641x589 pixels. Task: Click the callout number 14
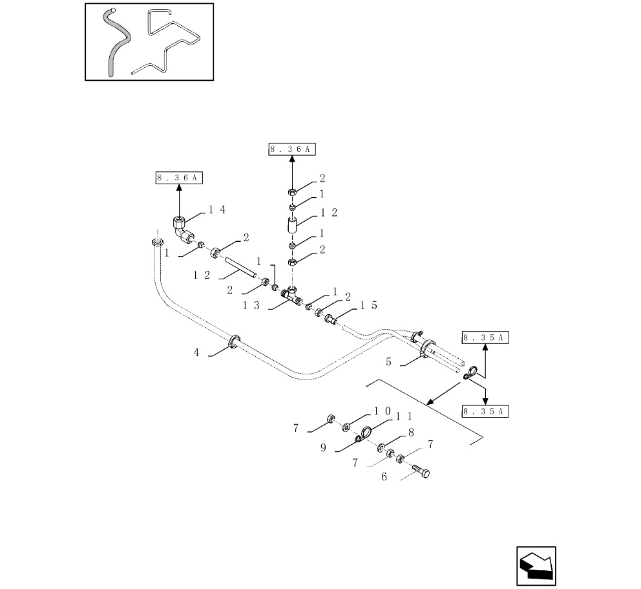coord(217,209)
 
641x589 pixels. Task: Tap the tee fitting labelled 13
coord(291,297)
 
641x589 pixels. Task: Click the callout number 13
coord(251,306)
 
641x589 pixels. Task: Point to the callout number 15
coord(369,306)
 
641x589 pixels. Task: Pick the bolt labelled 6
coord(421,471)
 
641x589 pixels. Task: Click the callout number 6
coord(384,477)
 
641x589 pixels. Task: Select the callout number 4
coord(196,352)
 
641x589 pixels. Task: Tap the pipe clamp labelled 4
coord(235,341)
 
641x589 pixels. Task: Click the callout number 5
coord(388,361)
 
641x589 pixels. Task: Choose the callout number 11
coord(404,416)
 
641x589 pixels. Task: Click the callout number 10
coord(383,411)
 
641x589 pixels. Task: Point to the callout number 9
coord(323,448)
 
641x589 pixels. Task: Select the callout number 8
coord(411,433)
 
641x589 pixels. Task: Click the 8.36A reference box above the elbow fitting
coord(179,178)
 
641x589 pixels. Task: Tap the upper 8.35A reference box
coord(485,338)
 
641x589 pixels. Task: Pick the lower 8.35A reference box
coord(485,411)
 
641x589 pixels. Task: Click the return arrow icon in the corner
coord(536,566)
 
